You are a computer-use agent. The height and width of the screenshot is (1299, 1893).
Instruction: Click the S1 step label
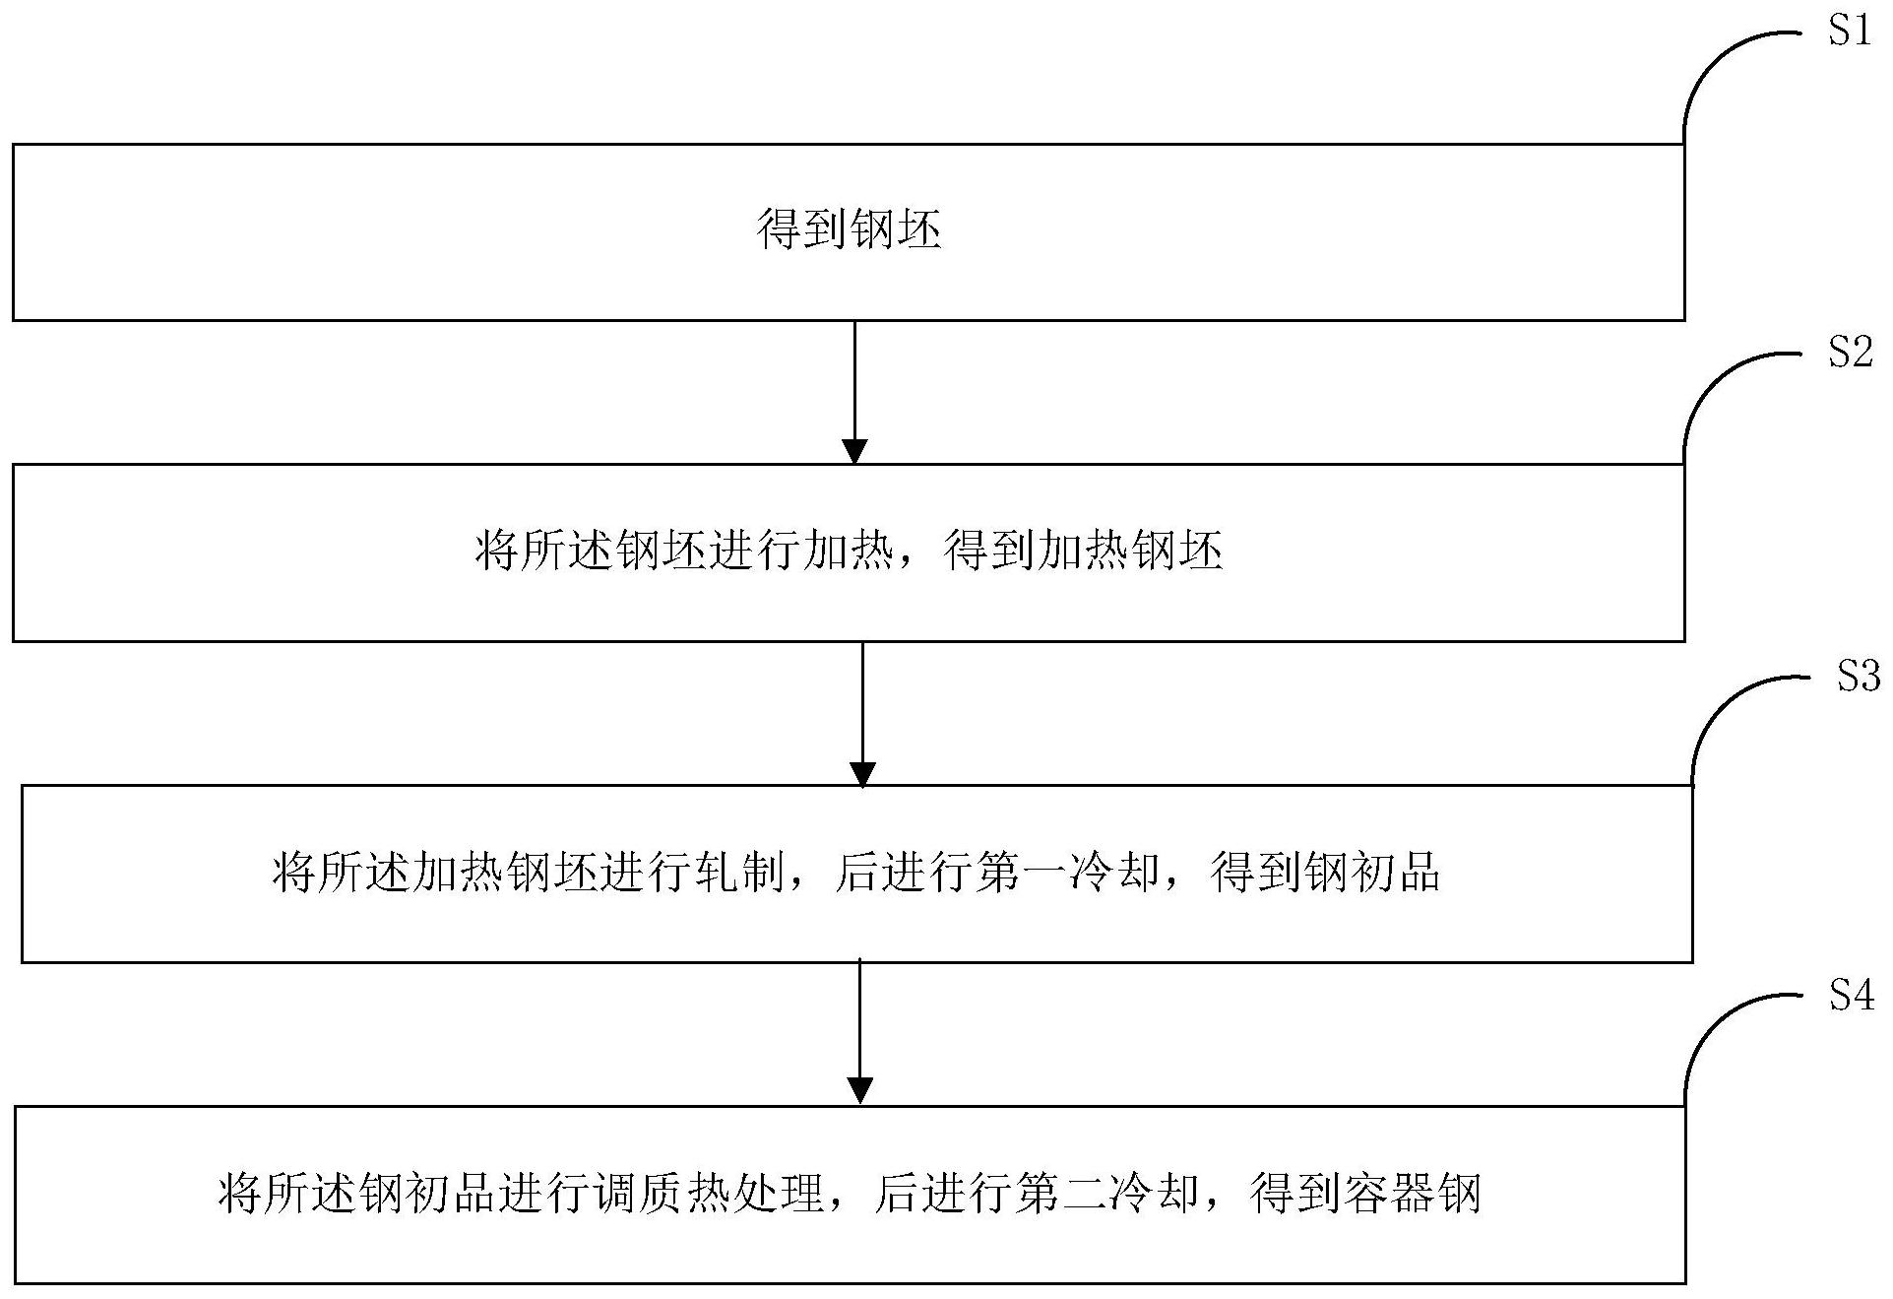1849,32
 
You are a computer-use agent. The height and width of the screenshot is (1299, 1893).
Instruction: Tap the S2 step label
1850,353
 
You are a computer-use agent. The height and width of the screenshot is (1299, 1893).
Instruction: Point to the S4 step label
1852,997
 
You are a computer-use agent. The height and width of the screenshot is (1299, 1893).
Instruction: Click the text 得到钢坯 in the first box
849,230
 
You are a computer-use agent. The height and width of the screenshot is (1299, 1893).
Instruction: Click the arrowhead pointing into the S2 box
854,451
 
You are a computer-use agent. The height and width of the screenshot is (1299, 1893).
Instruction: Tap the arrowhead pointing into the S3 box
862,774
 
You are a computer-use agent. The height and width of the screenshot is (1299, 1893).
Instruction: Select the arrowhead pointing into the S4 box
860,1091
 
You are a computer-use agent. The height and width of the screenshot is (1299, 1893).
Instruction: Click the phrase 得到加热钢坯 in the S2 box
1083,552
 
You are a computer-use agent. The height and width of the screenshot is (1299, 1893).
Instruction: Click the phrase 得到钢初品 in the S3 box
1325,873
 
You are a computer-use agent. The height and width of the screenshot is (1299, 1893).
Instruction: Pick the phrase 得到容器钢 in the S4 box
1365,1194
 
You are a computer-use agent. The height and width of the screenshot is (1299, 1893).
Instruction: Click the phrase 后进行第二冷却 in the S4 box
1037,1194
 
